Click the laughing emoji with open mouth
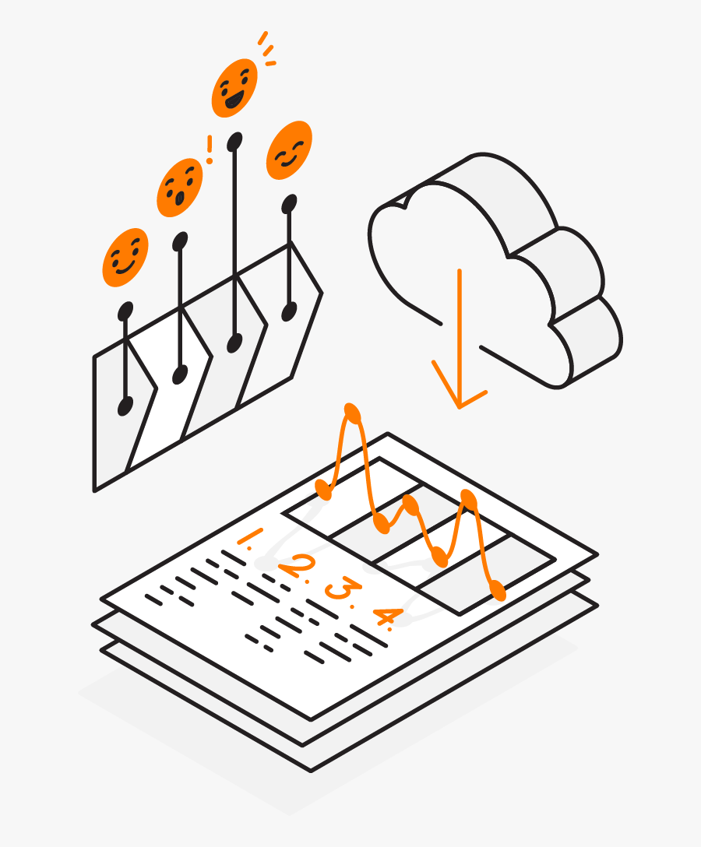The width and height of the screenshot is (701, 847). pos(234,87)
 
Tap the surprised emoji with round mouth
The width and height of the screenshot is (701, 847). pos(179,188)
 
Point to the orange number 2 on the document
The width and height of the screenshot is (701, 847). pos(297,567)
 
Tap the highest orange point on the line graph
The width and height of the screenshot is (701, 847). pos(351,413)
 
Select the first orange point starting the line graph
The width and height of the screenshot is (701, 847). pos(324,490)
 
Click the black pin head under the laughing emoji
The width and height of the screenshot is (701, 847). pos(234,141)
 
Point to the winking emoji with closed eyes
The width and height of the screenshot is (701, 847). pos(289,150)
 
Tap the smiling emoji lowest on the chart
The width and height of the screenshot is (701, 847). pos(125,257)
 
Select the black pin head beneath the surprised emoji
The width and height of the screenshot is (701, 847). pos(180,241)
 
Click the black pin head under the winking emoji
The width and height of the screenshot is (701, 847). pos(290,204)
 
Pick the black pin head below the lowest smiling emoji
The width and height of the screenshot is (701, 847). pos(125,311)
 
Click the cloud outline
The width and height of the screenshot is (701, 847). pos(498,265)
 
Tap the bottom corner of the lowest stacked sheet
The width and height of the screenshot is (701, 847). pos(311,770)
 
